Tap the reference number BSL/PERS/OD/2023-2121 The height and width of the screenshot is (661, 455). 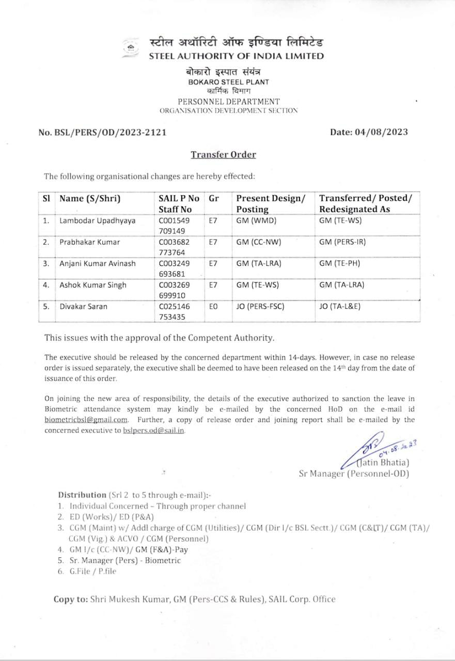point(102,132)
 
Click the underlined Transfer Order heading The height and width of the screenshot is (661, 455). point(223,154)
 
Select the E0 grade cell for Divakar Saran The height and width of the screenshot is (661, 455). point(213,306)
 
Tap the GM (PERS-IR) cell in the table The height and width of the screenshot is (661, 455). point(342,242)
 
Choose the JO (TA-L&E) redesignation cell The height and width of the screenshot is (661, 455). point(340,306)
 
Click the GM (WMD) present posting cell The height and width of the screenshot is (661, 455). point(257,221)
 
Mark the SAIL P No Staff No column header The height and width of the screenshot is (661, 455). point(179,203)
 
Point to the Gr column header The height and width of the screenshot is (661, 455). point(214,198)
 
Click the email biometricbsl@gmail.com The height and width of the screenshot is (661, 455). point(86,420)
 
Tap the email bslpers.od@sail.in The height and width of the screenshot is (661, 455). point(153,430)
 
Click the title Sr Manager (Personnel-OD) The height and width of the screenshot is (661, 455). point(354,473)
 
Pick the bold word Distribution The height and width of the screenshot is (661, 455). point(82,494)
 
